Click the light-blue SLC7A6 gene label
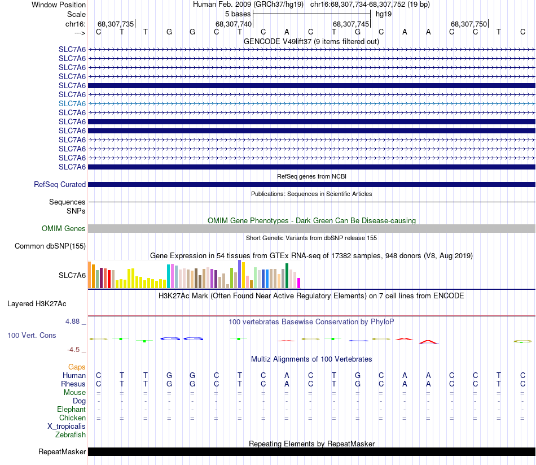pyautogui.click(x=72, y=103)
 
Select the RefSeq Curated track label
pyautogui.click(x=60, y=184)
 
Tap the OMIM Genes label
pyautogui.click(x=64, y=228)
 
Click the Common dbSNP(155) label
pyautogui.click(x=50, y=246)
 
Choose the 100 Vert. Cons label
pyautogui.click(x=32, y=335)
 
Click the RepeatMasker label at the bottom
pyautogui.click(x=62, y=451)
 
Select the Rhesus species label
pyautogui.click(x=74, y=384)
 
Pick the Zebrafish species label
pyautogui.click(x=71, y=434)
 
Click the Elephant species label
pyautogui.click(x=71, y=409)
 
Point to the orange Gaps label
pyautogui.click(x=77, y=367)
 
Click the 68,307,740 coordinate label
pyautogui.click(x=233, y=24)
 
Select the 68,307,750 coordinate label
pyautogui.click(x=468, y=24)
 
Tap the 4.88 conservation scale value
pyautogui.click(x=75, y=321)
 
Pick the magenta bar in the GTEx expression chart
pyautogui.click(x=299, y=283)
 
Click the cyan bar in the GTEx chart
pyautogui.click(x=169, y=276)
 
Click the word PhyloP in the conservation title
pyautogui.click(x=382, y=321)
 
